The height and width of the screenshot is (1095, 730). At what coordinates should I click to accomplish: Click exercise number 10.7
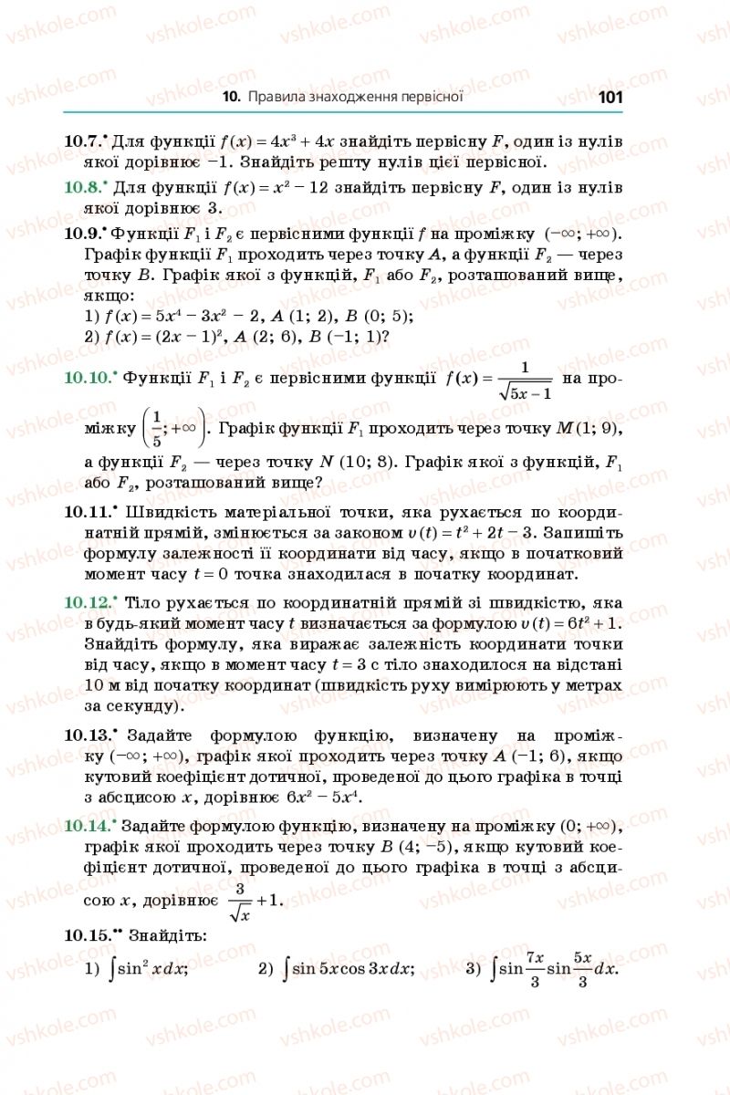[x=86, y=142]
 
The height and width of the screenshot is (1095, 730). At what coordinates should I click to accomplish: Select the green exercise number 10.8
[x=86, y=187]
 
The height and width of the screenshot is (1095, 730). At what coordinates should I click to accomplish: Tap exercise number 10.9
[x=86, y=232]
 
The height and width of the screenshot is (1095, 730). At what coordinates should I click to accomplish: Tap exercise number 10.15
[x=92, y=935]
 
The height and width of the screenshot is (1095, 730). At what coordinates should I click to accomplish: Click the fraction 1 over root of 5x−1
[x=522, y=380]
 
